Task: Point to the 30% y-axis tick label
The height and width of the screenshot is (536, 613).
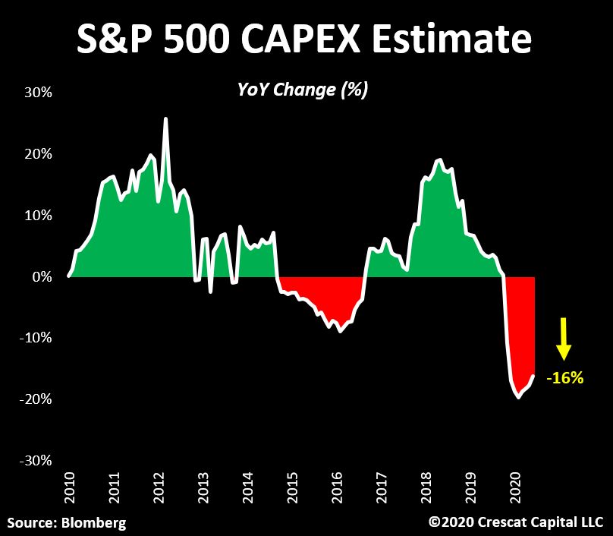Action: tap(37, 93)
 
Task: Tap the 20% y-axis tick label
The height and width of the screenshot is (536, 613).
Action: tap(37, 154)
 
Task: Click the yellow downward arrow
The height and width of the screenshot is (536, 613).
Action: tap(563, 339)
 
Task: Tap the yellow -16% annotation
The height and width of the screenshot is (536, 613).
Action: tap(564, 377)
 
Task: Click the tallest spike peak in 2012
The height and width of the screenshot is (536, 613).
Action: tap(165, 118)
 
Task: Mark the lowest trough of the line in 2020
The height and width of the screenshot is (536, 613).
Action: tap(519, 397)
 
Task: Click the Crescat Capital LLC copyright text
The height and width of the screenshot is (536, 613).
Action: tap(516, 522)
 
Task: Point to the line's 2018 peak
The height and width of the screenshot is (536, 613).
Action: tap(439, 159)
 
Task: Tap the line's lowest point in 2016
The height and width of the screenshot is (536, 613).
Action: tap(341, 332)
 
